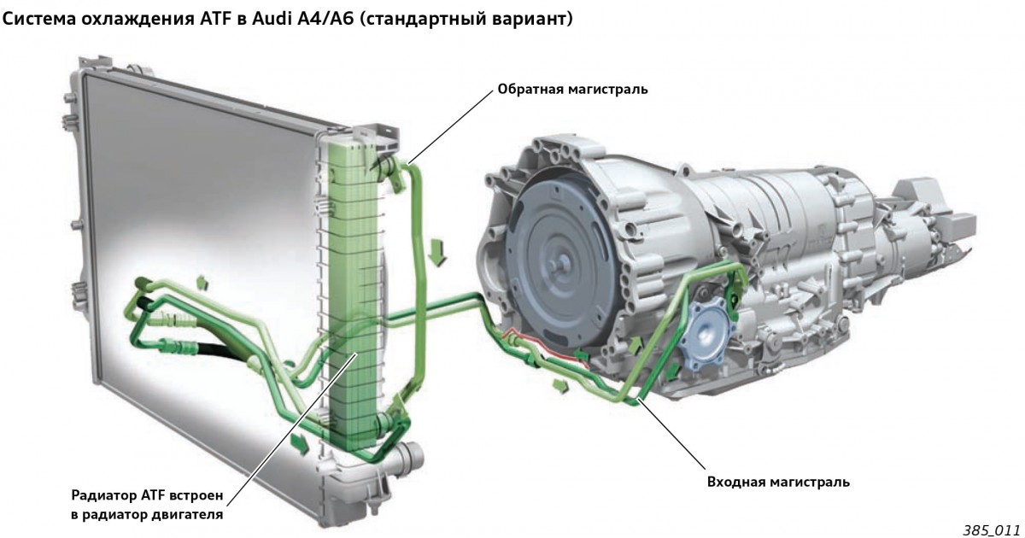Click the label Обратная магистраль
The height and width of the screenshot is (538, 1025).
coord(572,89)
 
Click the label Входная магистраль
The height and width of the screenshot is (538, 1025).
coord(778,482)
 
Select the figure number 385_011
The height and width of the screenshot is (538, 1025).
coord(991,529)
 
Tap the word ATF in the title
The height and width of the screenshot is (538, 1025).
coord(215,19)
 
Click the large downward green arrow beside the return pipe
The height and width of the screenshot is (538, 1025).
coord(438,253)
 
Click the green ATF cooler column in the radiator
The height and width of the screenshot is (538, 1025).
coord(354,293)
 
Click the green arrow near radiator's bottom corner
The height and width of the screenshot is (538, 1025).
coord(300,443)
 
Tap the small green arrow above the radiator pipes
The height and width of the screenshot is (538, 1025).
coord(202,283)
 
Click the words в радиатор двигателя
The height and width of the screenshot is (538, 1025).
coord(147,515)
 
